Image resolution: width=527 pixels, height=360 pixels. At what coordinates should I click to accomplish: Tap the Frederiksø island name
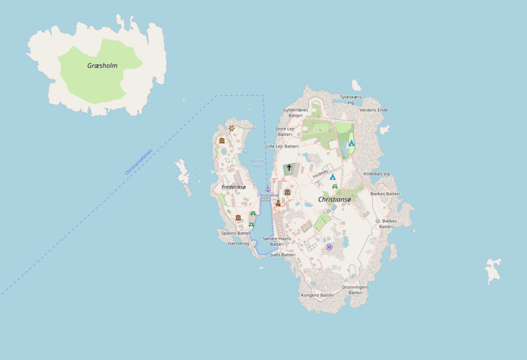(x=233, y=187)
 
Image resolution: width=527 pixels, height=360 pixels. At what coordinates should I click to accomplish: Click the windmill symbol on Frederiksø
(x=231, y=129)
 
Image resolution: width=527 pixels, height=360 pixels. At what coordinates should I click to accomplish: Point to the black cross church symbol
(x=289, y=168)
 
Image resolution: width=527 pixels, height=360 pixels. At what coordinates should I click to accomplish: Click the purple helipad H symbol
(x=329, y=247)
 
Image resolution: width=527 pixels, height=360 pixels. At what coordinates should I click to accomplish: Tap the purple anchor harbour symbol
(x=268, y=189)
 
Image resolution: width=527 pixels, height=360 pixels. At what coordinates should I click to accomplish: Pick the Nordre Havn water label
(x=257, y=163)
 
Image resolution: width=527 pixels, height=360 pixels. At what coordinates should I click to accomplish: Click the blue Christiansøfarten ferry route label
(x=138, y=162)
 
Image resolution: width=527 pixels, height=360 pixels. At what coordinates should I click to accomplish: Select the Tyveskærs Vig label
(x=351, y=100)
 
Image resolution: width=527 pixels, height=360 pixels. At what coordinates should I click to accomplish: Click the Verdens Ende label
(x=374, y=110)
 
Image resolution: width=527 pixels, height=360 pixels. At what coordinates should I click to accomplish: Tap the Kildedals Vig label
(x=377, y=173)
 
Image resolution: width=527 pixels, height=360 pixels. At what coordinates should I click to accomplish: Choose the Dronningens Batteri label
(x=356, y=289)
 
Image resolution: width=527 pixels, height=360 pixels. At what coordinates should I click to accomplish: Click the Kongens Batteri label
(x=318, y=295)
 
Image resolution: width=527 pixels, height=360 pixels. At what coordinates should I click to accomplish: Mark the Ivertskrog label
(x=238, y=243)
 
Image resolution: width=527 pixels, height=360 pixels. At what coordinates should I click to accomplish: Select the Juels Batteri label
(x=283, y=254)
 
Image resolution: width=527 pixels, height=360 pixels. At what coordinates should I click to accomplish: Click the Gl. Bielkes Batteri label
(x=385, y=224)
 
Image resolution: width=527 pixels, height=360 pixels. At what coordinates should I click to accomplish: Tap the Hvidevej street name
(x=320, y=173)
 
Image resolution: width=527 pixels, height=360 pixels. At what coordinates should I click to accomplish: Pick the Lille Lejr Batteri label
(x=282, y=146)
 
